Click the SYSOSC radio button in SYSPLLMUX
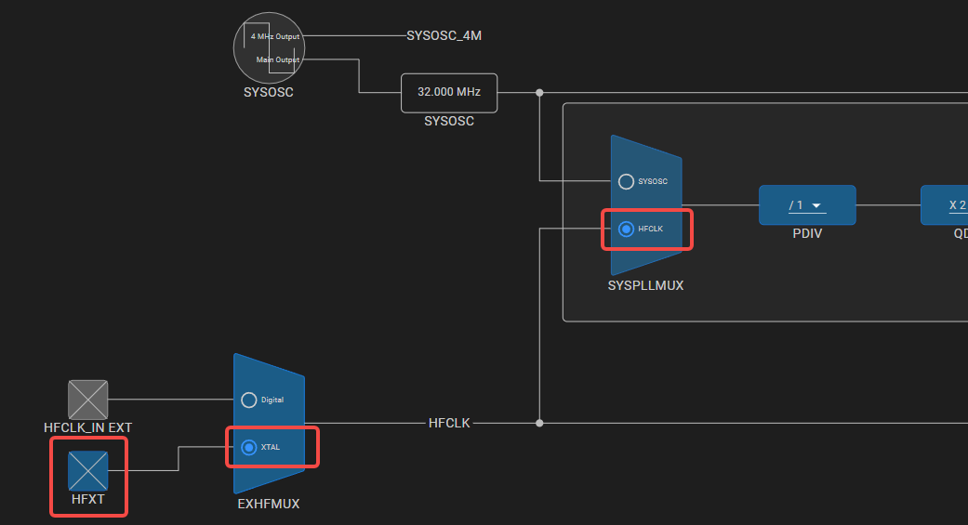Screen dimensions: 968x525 click(x=626, y=181)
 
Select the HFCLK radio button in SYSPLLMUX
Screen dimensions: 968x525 click(x=626, y=229)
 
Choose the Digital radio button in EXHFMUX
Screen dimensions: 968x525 click(x=249, y=400)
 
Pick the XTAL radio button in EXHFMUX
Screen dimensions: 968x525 click(x=249, y=447)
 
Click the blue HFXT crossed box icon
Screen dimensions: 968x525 click(x=87, y=471)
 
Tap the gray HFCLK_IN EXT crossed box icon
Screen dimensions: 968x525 click(x=87, y=400)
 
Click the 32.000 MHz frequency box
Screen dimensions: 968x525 click(x=449, y=93)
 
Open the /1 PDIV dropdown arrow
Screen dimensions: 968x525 click(x=816, y=205)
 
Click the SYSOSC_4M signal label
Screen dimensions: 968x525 click(x=444, y=36)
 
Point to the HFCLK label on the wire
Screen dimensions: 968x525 click(x=449, y=423)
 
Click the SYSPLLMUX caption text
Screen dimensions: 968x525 click(x=645, y=285)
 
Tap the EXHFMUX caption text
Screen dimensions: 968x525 click(x=269, y=504)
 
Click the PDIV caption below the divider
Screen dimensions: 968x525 click(x=807, y=234)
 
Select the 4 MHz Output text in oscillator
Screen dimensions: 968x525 click(x=274, y=36)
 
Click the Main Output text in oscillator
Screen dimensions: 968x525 click(x=278, y=59)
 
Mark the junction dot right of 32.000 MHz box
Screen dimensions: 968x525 click(x=539, y=93)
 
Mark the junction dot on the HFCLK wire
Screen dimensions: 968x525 click(x=539, y=423)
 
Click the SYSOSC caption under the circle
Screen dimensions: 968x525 click(x=269, y=93)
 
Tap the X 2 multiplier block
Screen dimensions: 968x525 click(x=944, y=205)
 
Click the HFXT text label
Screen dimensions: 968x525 click(x=87, y=499)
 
